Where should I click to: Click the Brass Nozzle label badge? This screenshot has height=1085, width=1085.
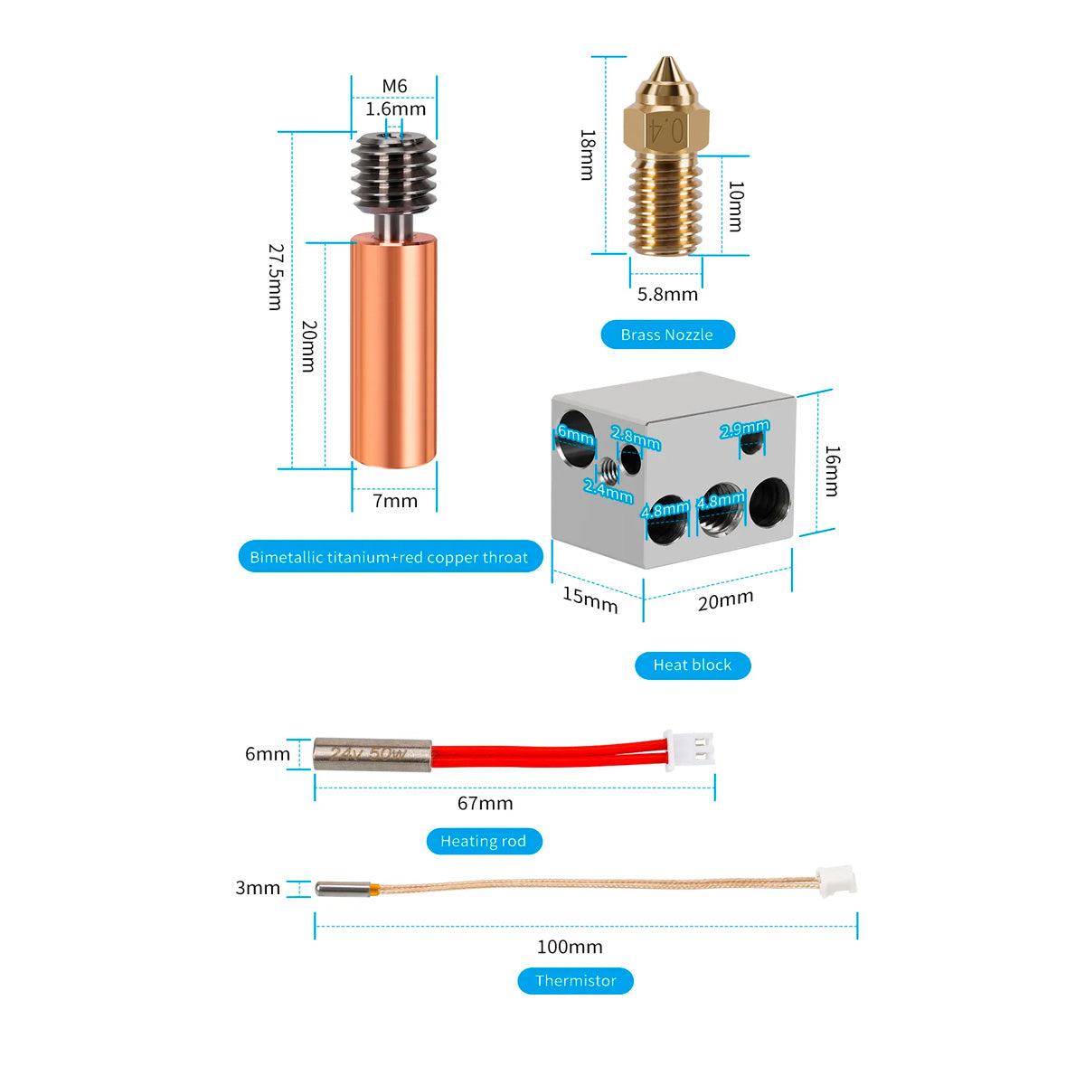click(x=667, y=335)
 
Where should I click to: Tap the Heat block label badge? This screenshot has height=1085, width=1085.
click(x=692, y=665)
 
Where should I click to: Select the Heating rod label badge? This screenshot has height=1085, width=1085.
click(x=483, y=841)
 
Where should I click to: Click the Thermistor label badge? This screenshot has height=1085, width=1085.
click(x=575, y=980)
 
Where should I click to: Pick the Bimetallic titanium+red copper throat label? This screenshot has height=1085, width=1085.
click(x=389, y=557)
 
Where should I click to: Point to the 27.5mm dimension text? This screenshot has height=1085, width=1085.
click(x=276, y=277)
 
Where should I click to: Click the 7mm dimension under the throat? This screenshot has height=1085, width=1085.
click(x=395, y=501)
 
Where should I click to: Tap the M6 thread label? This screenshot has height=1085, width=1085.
click(x=394, y=86)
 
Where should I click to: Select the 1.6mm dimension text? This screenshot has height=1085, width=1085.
click(x=395, y=109)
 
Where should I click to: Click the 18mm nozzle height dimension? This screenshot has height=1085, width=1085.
click(x=587, y=155)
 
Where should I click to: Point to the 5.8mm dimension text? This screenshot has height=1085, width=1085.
click(x=667, y=294)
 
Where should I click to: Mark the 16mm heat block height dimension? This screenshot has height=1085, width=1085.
click(x=832, y=470)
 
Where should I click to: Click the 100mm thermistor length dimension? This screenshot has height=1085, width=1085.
click(x=570, y=947)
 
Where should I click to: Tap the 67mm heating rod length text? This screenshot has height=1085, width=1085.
click(x=485, y=803)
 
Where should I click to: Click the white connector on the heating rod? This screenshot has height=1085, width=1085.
click(x=689, y=751)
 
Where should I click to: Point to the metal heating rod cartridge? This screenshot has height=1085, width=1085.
click(x=372, y=754)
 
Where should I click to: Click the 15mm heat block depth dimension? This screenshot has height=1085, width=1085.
click(x=590, y=599)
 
